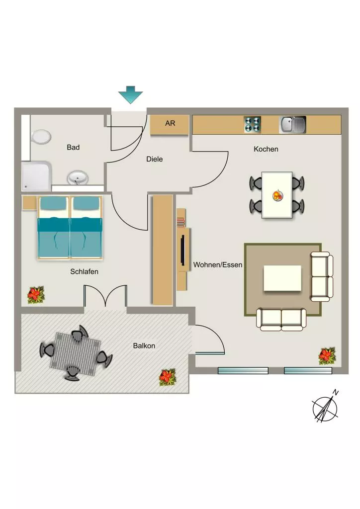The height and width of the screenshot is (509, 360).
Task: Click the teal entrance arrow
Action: click(130, 94)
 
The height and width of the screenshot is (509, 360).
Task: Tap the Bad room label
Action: click(73, 147)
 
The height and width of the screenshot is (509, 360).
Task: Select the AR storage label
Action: click(170, 123)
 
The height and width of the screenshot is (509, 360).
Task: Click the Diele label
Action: click(155, 159)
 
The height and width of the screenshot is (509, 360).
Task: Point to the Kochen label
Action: click(266, 149)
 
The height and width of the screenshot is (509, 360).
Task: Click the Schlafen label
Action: click(84, 271)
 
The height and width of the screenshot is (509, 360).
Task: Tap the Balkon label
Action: click(144, 346)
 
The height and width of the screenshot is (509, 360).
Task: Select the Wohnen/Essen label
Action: click(218, 265)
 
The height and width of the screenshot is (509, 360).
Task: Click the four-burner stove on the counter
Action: click(252, 125)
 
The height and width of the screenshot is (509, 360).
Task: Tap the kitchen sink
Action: click(292, 125)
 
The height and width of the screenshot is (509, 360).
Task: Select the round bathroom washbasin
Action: click(78, 178)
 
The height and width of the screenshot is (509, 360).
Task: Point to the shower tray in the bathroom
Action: click(36, 176)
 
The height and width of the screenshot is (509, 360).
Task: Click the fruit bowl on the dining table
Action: click(277, 195)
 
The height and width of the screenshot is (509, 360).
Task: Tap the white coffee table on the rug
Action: click(282, 278)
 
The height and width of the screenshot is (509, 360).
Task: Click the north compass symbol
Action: click(325, 407)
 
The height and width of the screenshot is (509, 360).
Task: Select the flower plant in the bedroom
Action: click(36, 294)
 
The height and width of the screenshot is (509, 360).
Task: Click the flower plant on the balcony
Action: click(168, 377)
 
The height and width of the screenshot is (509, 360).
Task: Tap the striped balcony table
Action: click(75, 354)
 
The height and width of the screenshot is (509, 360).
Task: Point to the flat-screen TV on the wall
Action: click(183, 250)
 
